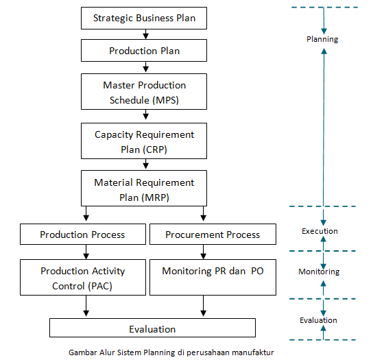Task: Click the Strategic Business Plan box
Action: point(144,19)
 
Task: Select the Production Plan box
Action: point(144,51)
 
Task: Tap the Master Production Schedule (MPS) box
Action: point(144,92)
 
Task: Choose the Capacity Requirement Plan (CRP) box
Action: point(144,141)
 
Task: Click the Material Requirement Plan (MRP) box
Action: point(144,189)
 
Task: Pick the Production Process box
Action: point(82,235)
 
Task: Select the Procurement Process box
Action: point(213,235)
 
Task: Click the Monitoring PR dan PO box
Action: point(213,271)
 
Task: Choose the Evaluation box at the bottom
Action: point(152,329)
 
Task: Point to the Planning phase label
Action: point(322,39)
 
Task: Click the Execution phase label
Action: point(320,231)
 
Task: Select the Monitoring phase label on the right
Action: point(318,272)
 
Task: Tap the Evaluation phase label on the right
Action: point(318,320)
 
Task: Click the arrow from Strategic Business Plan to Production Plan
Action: point(145,34)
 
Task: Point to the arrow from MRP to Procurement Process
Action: point(202,215)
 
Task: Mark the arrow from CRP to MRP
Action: point(145,165)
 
